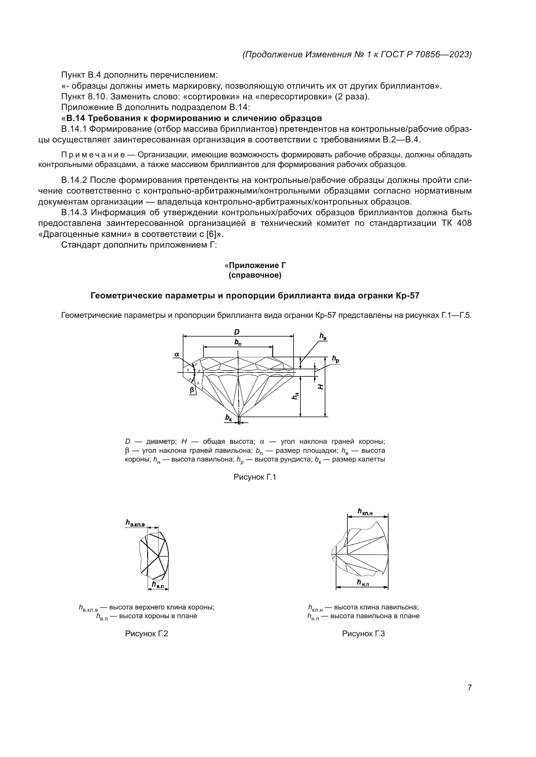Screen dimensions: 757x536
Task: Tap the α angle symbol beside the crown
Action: pyautogui.click(x=177, y=354)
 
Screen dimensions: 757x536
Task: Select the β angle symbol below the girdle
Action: pyautogui.click(x=192, y=390)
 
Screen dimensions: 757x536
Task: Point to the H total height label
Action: pyautogui.click(x=320, y=387)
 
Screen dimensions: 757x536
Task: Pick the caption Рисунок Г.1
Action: pyautogui.click(x=254, y=477)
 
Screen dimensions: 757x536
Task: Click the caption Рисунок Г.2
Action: pyautogui.click(x=146, y=634)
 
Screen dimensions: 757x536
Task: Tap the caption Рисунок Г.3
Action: pyautogui.click(x=363, y=634)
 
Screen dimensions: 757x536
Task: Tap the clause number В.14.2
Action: pyautogui.click(x=74, y=180)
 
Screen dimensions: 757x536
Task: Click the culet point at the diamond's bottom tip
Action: pyautogui.click(x=238, y=417)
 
